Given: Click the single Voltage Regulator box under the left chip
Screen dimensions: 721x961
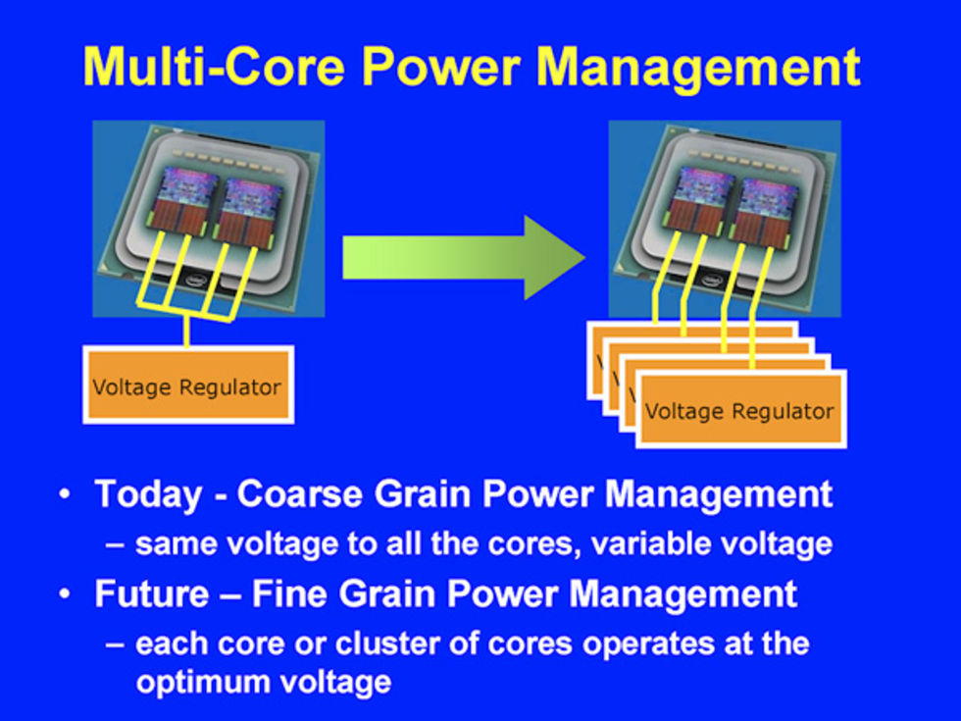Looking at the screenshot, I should click(187, 385).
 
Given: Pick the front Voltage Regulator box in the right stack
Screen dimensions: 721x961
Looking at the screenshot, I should click(739, 410).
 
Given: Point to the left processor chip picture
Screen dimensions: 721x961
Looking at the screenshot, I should click(208, 218).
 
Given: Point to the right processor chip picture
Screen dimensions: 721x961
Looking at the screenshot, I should click(724, 218).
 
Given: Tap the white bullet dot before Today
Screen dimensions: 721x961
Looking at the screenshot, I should click(65, 493).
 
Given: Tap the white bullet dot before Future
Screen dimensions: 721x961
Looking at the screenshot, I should click(65, 594).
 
